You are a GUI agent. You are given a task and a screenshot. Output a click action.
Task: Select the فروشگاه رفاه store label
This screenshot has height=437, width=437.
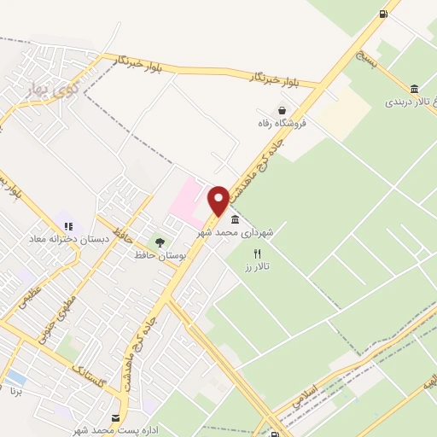pos(282,124)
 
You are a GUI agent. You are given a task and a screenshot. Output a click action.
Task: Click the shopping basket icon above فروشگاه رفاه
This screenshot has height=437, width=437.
pos(282,110)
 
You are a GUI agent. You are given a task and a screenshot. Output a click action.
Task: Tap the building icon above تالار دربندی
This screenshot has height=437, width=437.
pos(414,89)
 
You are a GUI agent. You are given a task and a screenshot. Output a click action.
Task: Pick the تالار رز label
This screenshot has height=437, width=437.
pos(255,267)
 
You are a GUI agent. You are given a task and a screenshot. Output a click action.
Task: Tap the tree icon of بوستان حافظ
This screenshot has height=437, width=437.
pos(159,242)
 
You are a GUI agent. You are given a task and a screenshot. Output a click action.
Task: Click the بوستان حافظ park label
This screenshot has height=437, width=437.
pos(156,254)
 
